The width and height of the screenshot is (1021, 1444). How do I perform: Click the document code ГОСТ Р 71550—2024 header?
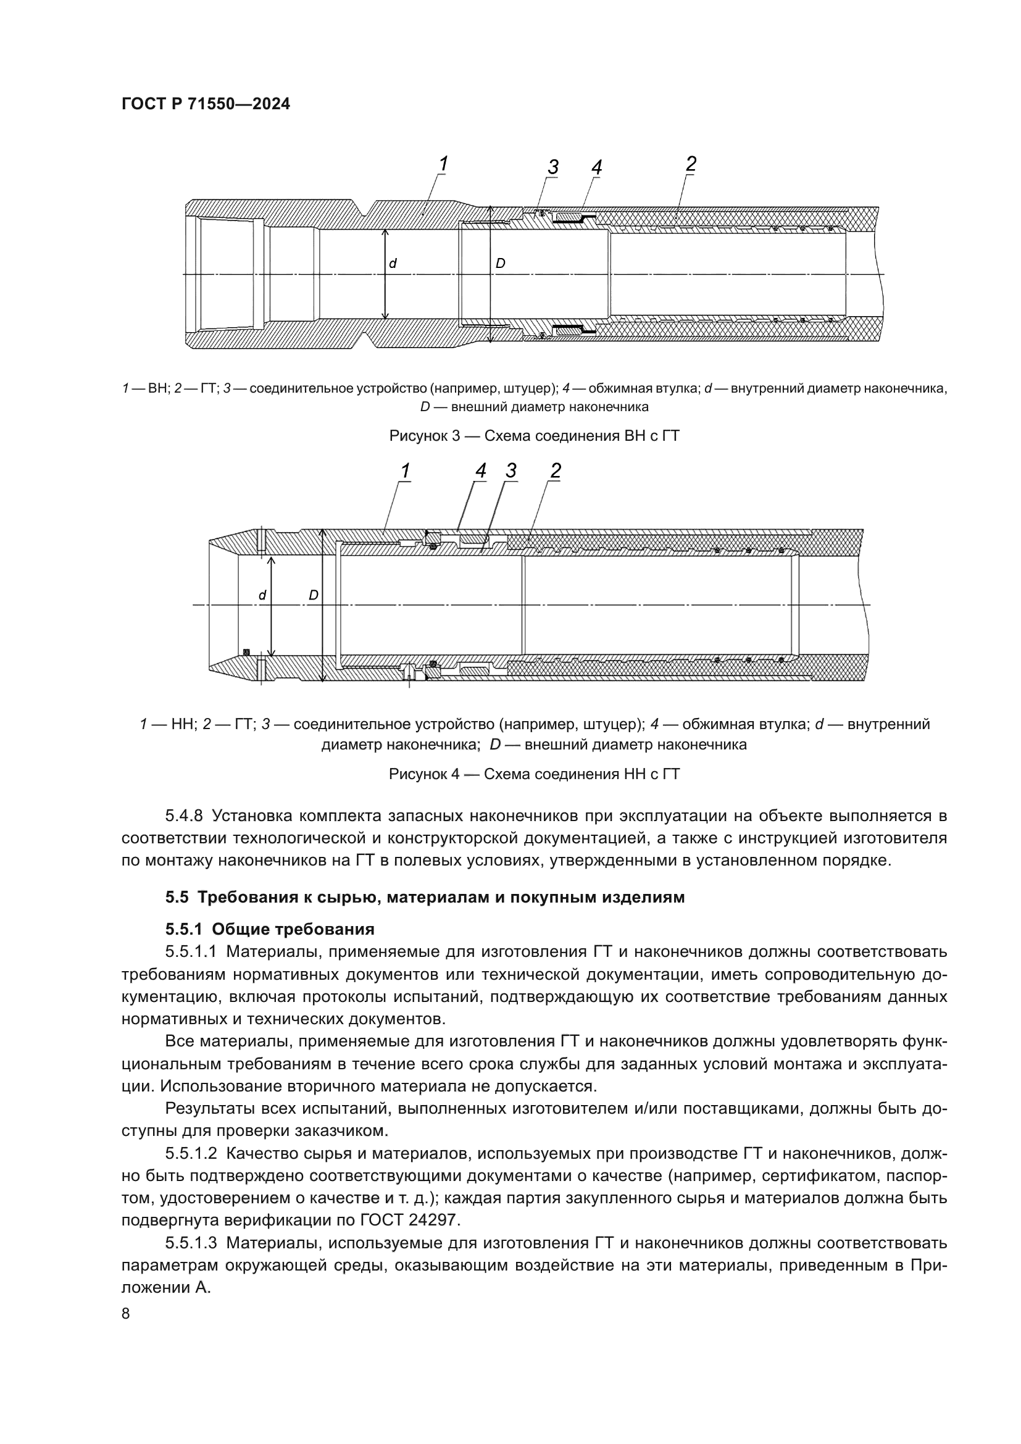point(206,104)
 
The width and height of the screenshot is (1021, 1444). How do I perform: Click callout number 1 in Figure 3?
point(443,164)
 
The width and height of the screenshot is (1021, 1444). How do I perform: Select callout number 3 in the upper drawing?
point(552,167)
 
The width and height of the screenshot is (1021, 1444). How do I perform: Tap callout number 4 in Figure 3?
point(596,167)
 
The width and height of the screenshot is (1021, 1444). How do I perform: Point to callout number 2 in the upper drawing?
point(690,164)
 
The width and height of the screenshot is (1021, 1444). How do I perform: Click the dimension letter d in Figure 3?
point(393,264)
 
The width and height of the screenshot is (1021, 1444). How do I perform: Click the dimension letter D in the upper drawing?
point(501,264)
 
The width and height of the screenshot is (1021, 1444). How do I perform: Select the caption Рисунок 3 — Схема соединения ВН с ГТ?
point(535,435)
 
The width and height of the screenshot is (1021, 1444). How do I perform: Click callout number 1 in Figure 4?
point(406,470)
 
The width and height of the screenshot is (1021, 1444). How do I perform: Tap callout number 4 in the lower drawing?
point(480,470)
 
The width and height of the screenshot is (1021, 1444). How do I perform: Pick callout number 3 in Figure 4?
point(511,470)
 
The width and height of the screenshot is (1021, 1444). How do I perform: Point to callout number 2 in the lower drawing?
point(555,470)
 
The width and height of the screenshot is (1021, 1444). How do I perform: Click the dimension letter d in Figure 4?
point(263,595)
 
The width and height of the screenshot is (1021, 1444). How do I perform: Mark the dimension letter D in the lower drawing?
point(313,595)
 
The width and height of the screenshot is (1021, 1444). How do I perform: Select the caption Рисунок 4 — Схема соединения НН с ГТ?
point(535,774)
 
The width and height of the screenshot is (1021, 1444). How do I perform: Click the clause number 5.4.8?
point(183,816)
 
